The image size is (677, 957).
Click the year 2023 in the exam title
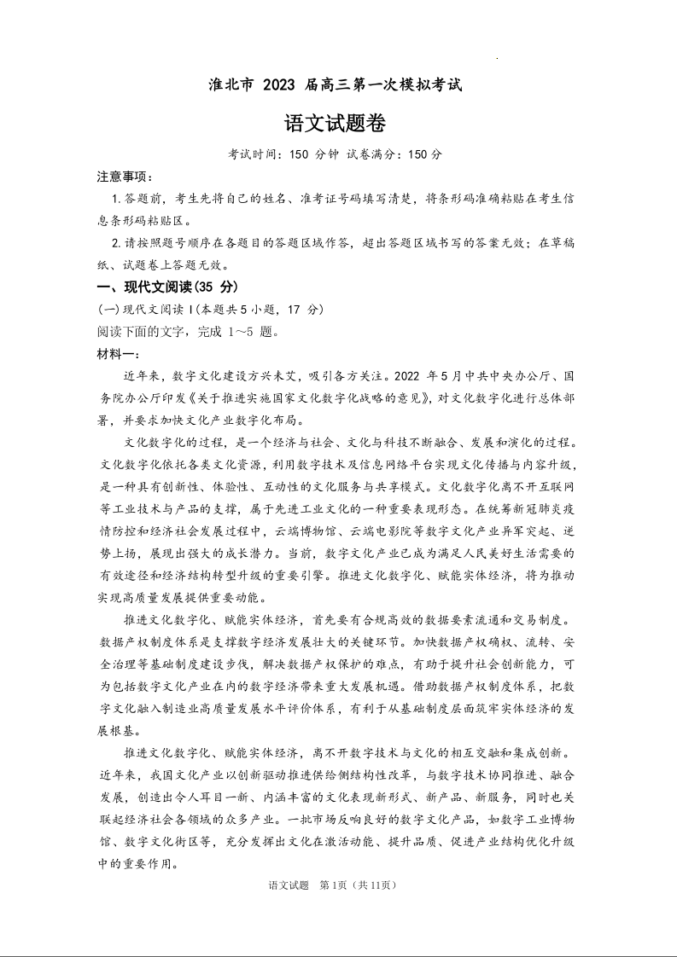tap(278, 85)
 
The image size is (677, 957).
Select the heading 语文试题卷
tap(338, 124)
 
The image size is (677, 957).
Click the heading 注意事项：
tap(125, 177)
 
